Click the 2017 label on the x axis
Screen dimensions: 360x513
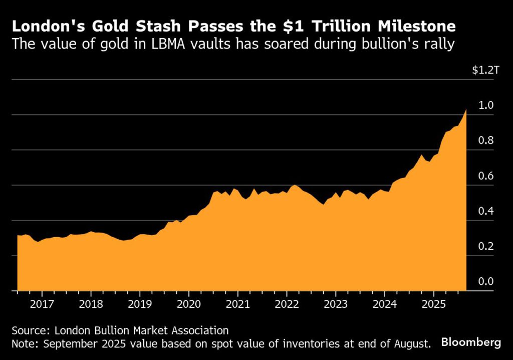42,304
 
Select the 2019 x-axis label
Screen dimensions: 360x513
140,304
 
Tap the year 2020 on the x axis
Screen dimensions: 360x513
189,304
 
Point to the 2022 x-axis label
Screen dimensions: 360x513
287,304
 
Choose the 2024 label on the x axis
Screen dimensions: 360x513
385,304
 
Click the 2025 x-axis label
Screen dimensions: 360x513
434,304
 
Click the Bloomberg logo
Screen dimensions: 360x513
471,343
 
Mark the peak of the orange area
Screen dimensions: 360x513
466,109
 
